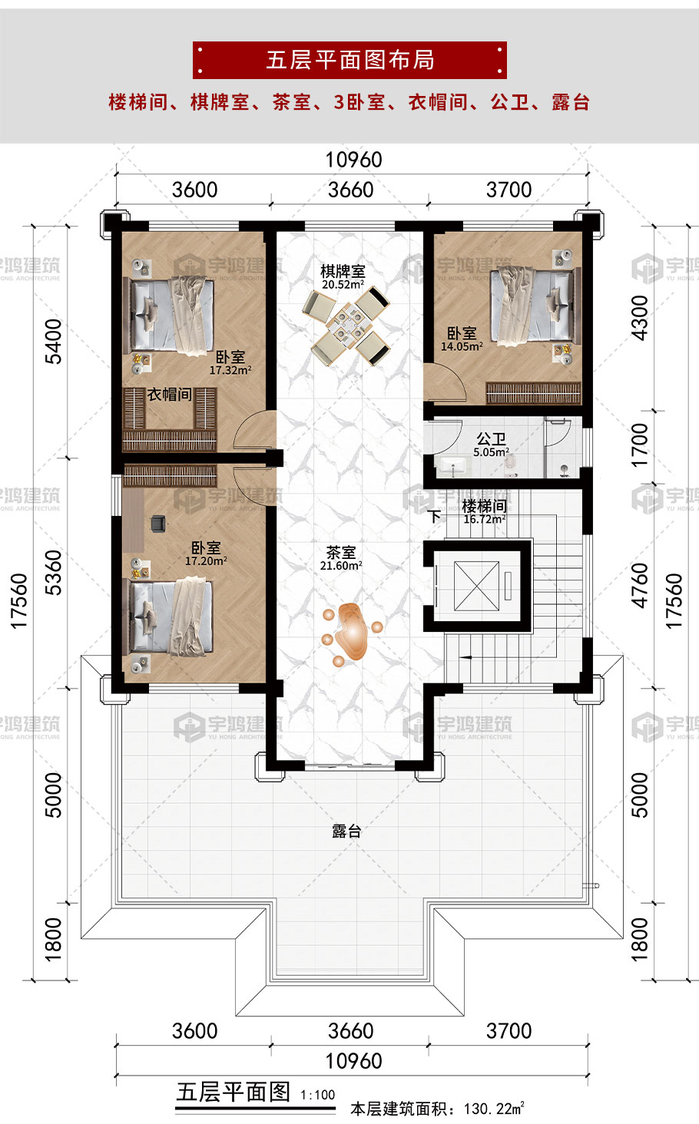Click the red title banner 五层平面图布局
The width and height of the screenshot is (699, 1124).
tap(349, 60)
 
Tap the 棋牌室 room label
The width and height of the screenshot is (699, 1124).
tap(343, 272)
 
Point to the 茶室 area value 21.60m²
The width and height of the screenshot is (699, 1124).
tap(342, 566)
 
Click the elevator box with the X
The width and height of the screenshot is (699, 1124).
tap(476, 586)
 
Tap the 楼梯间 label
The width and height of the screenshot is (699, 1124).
tap(484, 506)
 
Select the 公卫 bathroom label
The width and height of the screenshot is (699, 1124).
tap(491, 439)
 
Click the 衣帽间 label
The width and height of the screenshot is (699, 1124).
tap(169, 395)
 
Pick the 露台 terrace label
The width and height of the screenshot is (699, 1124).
tap(346, 831)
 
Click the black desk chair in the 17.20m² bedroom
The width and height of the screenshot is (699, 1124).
tap(158, 523)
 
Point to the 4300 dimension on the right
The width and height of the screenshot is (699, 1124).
tap(640, 318)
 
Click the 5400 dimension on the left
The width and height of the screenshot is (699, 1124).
tap(53, 341)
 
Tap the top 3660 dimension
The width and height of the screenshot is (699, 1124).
tap(351, 190)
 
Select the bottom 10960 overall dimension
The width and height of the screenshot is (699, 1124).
tap(354, 1061)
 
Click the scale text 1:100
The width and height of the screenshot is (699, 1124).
tap(318, 1094)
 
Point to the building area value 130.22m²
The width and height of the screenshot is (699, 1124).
tap(495, 1108)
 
